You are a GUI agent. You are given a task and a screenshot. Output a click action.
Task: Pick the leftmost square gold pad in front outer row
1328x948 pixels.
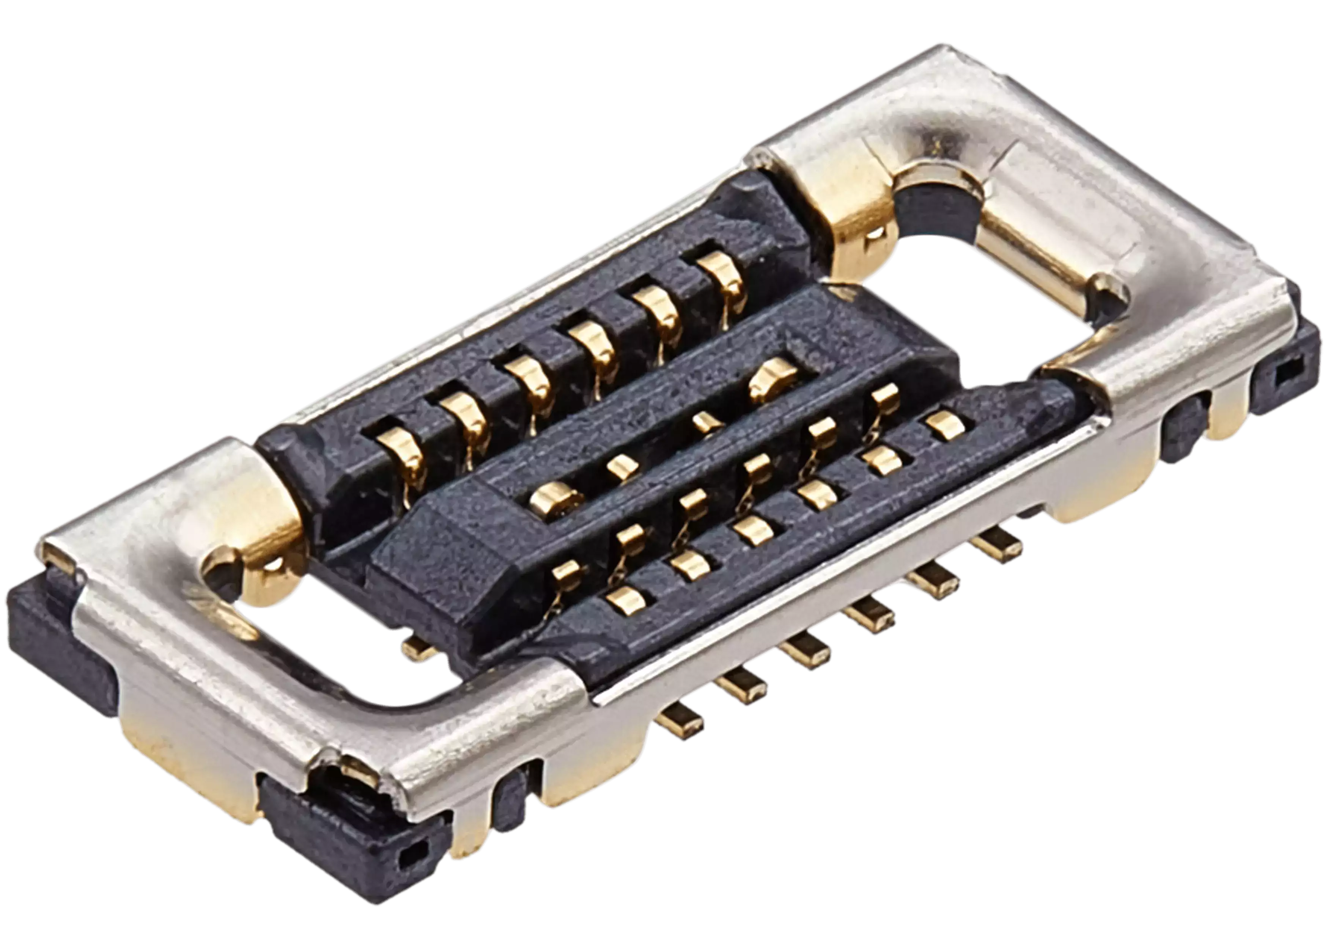pyautogui.click(x=625, y=600)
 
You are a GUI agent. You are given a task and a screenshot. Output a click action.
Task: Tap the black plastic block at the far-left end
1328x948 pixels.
pyautogui.click(x=53, y=642)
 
